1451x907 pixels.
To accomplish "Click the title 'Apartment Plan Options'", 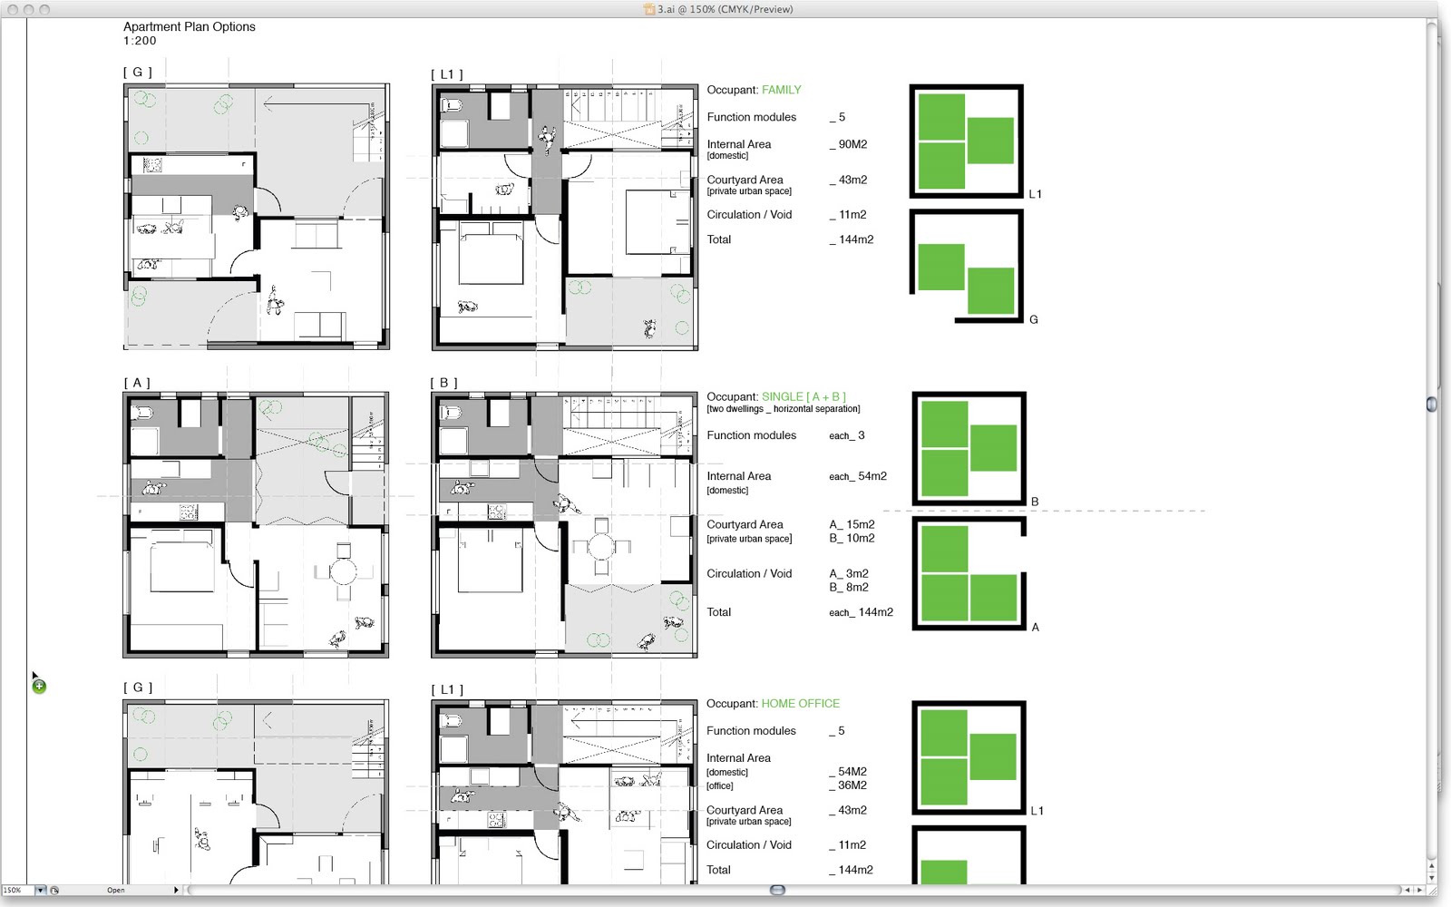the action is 190,26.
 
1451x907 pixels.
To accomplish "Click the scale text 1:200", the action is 140,41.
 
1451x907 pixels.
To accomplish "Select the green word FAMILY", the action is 781,90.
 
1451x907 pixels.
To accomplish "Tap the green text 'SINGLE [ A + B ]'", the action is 803,396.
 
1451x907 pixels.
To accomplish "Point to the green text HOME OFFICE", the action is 801,704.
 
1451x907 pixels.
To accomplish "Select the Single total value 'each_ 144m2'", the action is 861,612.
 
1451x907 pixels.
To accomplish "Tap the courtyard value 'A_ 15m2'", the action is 852,525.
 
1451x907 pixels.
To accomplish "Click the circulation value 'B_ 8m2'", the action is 849,588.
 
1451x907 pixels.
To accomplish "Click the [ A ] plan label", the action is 137,383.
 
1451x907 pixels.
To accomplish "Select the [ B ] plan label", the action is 443,383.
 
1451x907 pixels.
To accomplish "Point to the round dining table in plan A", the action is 344,572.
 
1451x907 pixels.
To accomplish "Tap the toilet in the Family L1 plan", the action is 451,105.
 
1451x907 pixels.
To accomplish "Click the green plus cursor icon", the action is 40,686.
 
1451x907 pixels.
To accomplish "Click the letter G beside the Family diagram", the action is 1034,319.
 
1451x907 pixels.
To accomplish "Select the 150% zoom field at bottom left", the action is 17,890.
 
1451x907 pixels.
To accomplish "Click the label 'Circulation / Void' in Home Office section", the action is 749,844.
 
